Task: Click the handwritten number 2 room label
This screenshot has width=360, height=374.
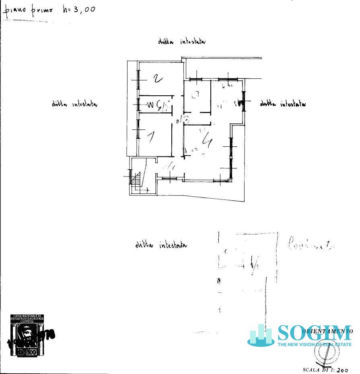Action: point(158,78)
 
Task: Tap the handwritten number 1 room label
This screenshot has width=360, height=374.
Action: point(151,137)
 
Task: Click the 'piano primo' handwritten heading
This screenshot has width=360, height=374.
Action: point(28,10)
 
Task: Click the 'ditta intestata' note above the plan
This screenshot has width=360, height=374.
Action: point(182,41)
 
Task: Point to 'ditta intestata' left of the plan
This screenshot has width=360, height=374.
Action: point(74,104)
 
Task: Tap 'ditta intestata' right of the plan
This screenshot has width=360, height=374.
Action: point(283,104)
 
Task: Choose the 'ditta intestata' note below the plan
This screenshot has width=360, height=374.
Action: point(161,245)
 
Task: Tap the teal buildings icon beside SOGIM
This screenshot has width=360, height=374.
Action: point(261,336)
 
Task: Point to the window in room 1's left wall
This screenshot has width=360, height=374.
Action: point(138,129)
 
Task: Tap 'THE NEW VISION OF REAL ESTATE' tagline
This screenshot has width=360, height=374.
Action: point(314,344)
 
